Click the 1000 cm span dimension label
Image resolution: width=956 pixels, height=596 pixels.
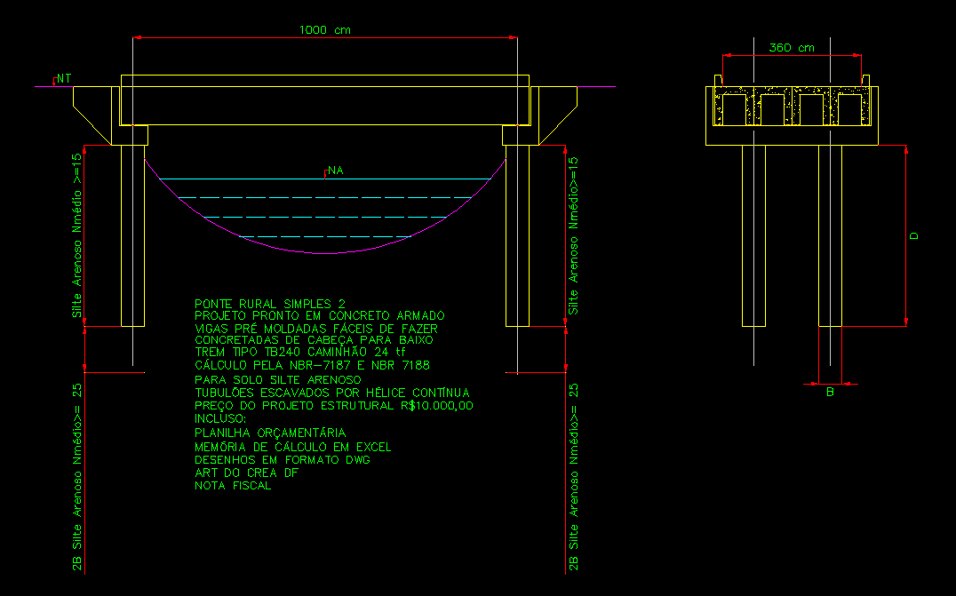pyautogui.click(x=324, y=30)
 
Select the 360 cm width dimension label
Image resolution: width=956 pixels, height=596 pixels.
pyautogui.click(x=792, y=48)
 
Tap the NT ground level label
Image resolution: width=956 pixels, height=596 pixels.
pyautogui.click(x=63, y=79)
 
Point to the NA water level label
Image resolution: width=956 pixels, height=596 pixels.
pyautogui.click(x=335, y=170)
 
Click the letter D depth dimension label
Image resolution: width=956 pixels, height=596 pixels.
pyautogui.click(x=913, y=235)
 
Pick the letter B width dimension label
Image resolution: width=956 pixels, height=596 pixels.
pyautogui.click(x=830, y=392)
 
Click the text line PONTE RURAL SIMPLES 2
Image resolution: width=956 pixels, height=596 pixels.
pyautogui.click(x=270, y=304)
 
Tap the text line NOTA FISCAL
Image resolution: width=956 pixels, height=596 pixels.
pyautogui.click(x=233, y=486)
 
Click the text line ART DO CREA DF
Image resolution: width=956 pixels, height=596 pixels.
pyautogui.click(x=246, y=473)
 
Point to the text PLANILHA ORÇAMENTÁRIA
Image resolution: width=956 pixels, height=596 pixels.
pyautogui.click(x=270, y=433)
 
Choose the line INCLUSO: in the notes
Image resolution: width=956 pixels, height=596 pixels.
pyautogui.click(x=220, y=418)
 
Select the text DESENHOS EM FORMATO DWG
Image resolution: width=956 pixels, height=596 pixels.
pyautogui.click(x=283, y=460)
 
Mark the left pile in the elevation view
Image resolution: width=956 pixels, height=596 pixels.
pyautogui.click(x=133, y=236)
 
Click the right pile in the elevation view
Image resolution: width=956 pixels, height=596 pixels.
pyautogui.click(x=518, y=236)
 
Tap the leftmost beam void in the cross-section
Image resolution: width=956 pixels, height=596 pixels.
pyautogui.click(x=734, y=109)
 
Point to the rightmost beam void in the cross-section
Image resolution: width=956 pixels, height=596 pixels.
pyautogui.click(x=850, y=109)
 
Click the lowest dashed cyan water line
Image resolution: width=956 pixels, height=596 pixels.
pyautogui.click(x=325, y=236)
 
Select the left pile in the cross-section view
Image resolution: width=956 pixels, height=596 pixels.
pyautogui.click(x=753, y=236)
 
